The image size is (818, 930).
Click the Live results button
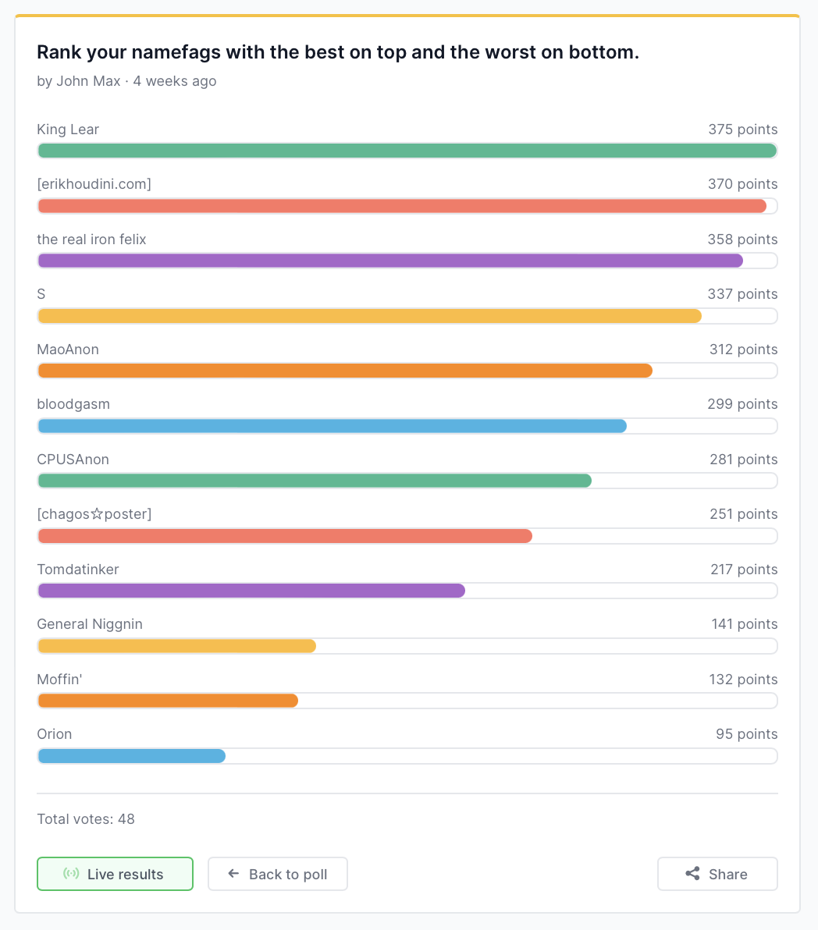point(115,874)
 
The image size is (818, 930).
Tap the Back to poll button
point(278,874)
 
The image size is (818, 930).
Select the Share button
point(717,874)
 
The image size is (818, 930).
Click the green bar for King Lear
point(407,151)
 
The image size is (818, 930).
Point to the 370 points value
point(742,184)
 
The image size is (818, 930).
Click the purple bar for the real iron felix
point(390,261)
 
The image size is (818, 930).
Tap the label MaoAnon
point(68,350)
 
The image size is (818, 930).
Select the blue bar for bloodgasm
point(332,426)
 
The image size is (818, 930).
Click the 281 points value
point(743,460)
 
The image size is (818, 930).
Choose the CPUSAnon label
point(73,460)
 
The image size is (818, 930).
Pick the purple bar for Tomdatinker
point(251,591)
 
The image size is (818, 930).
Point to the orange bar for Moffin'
point(168,701)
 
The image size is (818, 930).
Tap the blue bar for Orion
point(131,756)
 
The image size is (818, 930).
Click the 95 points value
point(746,734)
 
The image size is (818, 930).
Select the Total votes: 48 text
point(86,819)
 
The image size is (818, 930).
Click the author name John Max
point(88,81)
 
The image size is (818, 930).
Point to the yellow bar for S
point(369,316)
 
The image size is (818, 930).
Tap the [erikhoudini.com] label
point(94,184)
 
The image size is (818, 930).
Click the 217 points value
point(743,570)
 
